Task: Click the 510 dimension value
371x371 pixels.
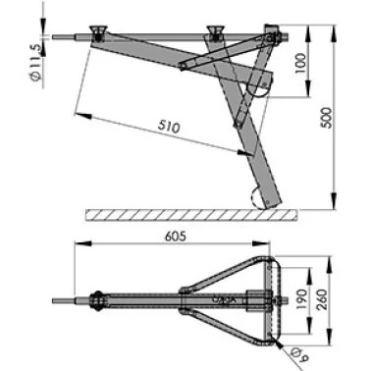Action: click(169, 127)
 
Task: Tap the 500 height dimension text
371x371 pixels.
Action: click(327, 118)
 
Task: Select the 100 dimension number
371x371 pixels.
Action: click(300, 63)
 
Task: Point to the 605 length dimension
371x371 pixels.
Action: click(176, 237)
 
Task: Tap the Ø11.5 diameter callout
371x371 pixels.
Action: click(36, 62)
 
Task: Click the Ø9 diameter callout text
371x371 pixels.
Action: click(298, 356)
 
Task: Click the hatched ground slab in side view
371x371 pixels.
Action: click(191, 215)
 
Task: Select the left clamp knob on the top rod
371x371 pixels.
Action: click(99, 32)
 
